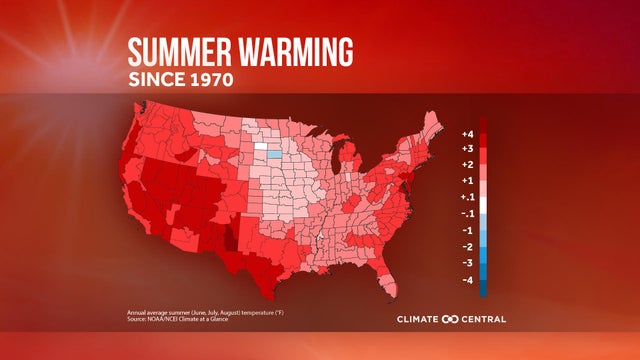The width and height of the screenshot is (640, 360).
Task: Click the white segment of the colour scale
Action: pos(483,205)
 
